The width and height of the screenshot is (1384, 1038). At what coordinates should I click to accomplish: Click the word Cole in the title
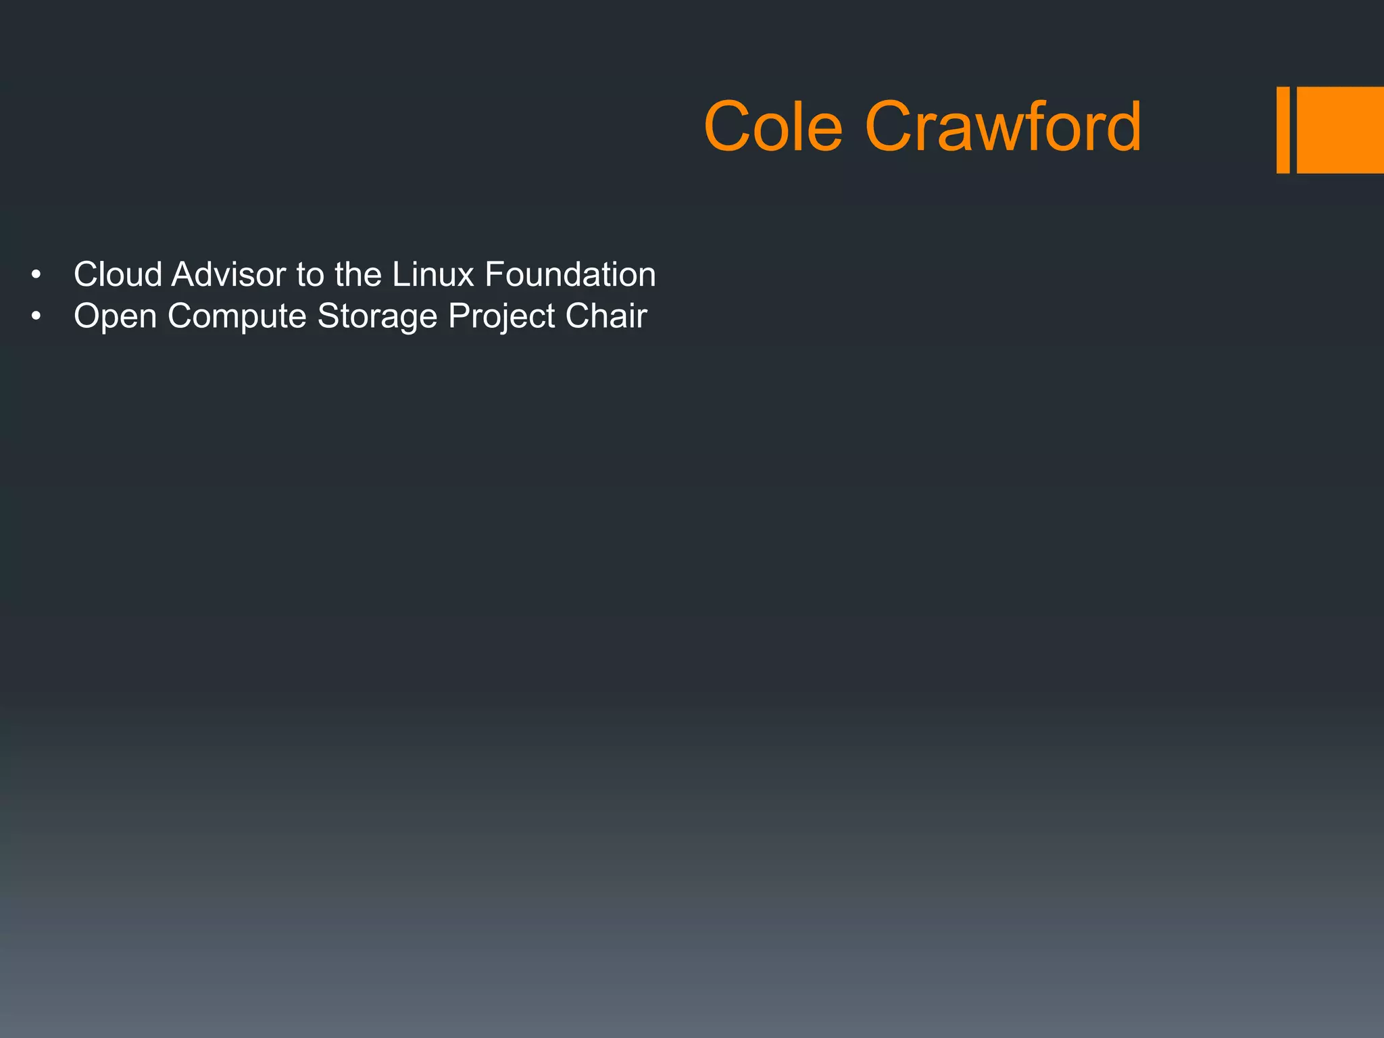click(x=773, y=126)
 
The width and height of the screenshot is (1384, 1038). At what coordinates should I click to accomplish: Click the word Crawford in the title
click(x=1003, y=126)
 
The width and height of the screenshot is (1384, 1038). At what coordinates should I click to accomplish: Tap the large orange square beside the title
click(x=1340, y=130)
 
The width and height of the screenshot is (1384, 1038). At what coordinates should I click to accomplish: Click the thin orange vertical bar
click(x=1283, y=130)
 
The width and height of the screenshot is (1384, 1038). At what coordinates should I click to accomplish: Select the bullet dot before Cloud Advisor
click(x=36, y=276)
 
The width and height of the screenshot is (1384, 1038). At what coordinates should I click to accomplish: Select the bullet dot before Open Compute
click(x=36, y=317)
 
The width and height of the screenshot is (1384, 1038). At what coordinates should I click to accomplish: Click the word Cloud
click(x=118, y=274)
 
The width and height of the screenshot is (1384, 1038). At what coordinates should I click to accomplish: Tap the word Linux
click(x=433, y=274)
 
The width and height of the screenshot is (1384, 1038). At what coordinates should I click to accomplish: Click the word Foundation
click(x=570, y=274)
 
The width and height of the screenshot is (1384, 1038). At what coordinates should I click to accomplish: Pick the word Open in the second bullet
click(x=115, y=317)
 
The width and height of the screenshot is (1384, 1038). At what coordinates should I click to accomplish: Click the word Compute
click(x=237, y=317)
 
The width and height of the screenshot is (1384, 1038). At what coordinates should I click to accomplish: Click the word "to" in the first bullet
click(x=310, y=274)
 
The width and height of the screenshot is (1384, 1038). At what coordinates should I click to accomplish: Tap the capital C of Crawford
click(x=887, y=126)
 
